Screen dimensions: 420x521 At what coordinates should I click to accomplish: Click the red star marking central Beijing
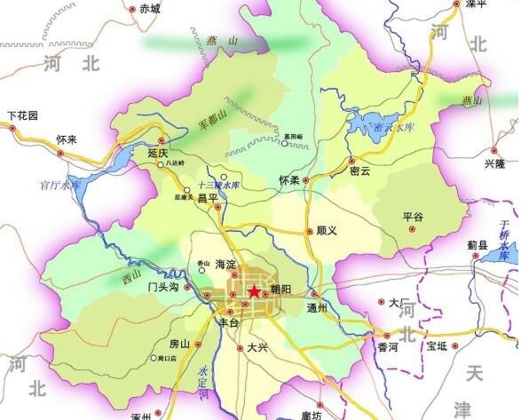click(x=254, y=291)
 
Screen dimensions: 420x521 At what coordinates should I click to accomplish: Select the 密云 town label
click(x=359, y=171)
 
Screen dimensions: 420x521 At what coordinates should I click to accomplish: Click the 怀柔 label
click(x=288, y=180)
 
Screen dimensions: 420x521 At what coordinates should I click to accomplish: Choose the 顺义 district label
click(x=328, y=231)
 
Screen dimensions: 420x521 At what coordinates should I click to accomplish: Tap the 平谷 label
click(x=413, y=216)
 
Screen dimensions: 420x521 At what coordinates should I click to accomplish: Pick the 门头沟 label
click(x=164, y=287)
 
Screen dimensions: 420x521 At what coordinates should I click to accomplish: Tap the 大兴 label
click(x=257, y=348)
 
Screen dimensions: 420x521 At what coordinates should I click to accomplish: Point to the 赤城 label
click(x=149, y=10)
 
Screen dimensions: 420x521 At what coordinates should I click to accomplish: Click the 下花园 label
click(x=23, y=115)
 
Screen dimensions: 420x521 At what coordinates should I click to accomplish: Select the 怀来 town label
click(x=67, y=139)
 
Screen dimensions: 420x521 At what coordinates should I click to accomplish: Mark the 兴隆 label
click(x=494, y=164)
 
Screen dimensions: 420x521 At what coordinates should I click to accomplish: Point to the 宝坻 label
click(x=438, y=346)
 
